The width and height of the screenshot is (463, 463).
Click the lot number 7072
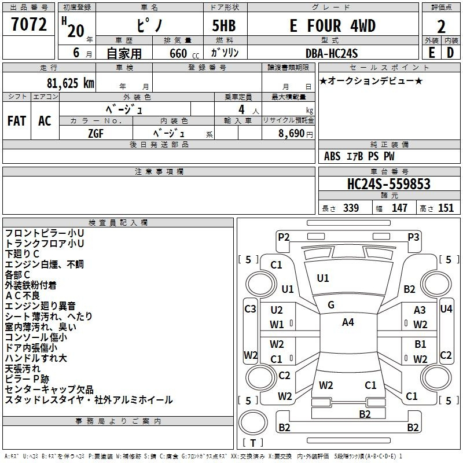click(x=30, y=25)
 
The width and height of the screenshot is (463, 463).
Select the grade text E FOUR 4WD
click(x=332, y=26)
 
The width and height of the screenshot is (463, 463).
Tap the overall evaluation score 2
click(x=441, y=27)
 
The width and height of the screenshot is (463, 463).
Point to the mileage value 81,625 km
click(x=67, y=83)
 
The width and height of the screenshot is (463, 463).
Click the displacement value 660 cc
click(x=178, y=53)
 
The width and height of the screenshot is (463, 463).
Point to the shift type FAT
click(x=17, y=121)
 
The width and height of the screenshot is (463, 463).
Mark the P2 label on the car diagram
click(x=284, y=236)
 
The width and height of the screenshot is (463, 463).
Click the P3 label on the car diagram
click(x=413, y=236)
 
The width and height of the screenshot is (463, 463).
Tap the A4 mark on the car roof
click(x=348, y=322)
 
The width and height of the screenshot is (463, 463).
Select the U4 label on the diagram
click(x=446, y=308)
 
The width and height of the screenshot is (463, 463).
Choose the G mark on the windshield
click(x=330, y=304)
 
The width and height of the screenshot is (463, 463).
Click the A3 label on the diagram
click(x=420, y=311)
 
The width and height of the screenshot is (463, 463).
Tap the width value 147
click(x=399, y=208)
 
